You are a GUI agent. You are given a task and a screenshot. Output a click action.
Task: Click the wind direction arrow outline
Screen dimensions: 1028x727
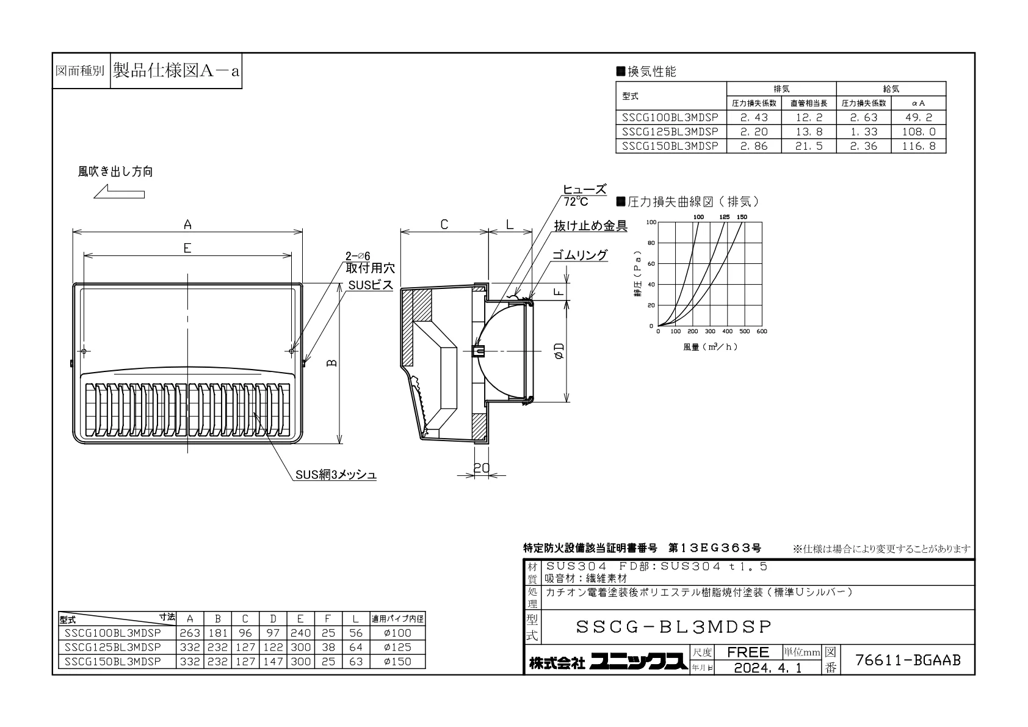click(119, 191)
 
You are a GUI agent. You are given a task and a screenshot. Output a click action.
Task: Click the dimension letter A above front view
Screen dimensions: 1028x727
click(187, 225)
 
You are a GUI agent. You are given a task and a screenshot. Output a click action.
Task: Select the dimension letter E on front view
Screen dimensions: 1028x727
click(187, 249)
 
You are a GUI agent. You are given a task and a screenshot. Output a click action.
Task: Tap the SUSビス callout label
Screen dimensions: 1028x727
click(371, 285)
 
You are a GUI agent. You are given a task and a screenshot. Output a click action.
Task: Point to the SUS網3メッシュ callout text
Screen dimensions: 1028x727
click(336, 475)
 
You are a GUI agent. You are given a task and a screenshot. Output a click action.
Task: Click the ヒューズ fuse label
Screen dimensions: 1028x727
click(584, 189)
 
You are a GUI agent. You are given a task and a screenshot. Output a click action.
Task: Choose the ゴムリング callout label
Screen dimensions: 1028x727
click(580, 255)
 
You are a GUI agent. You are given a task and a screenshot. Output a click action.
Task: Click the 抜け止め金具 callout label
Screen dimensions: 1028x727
click(591, 225)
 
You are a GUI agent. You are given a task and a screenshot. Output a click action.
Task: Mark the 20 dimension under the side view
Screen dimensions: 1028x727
click(482, 467)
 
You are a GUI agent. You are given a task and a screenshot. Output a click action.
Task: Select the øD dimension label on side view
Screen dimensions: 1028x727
click(559, 351)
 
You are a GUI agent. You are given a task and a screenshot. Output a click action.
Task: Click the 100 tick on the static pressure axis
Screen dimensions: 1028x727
click(651, 222)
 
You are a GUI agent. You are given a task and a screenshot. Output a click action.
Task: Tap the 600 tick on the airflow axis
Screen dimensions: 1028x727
click(762, 331)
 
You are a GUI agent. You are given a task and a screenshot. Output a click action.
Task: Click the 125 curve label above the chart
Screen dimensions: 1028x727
click(724, 217)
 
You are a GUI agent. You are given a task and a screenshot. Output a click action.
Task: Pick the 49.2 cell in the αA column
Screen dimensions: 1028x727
click(918, 117)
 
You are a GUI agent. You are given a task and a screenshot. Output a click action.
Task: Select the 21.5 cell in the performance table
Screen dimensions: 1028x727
click(809, 146)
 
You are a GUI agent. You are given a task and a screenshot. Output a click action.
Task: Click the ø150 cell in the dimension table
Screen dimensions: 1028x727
click(397, 662)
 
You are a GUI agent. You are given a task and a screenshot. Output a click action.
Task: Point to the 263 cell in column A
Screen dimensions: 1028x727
click(190, 633)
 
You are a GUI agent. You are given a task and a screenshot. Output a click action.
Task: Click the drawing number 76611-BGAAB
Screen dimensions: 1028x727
click(908, 660)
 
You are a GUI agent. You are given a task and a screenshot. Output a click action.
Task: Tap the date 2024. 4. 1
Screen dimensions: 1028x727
click(768, 668)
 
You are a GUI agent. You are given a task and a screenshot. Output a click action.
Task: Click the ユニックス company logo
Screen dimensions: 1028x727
click(639, 662)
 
